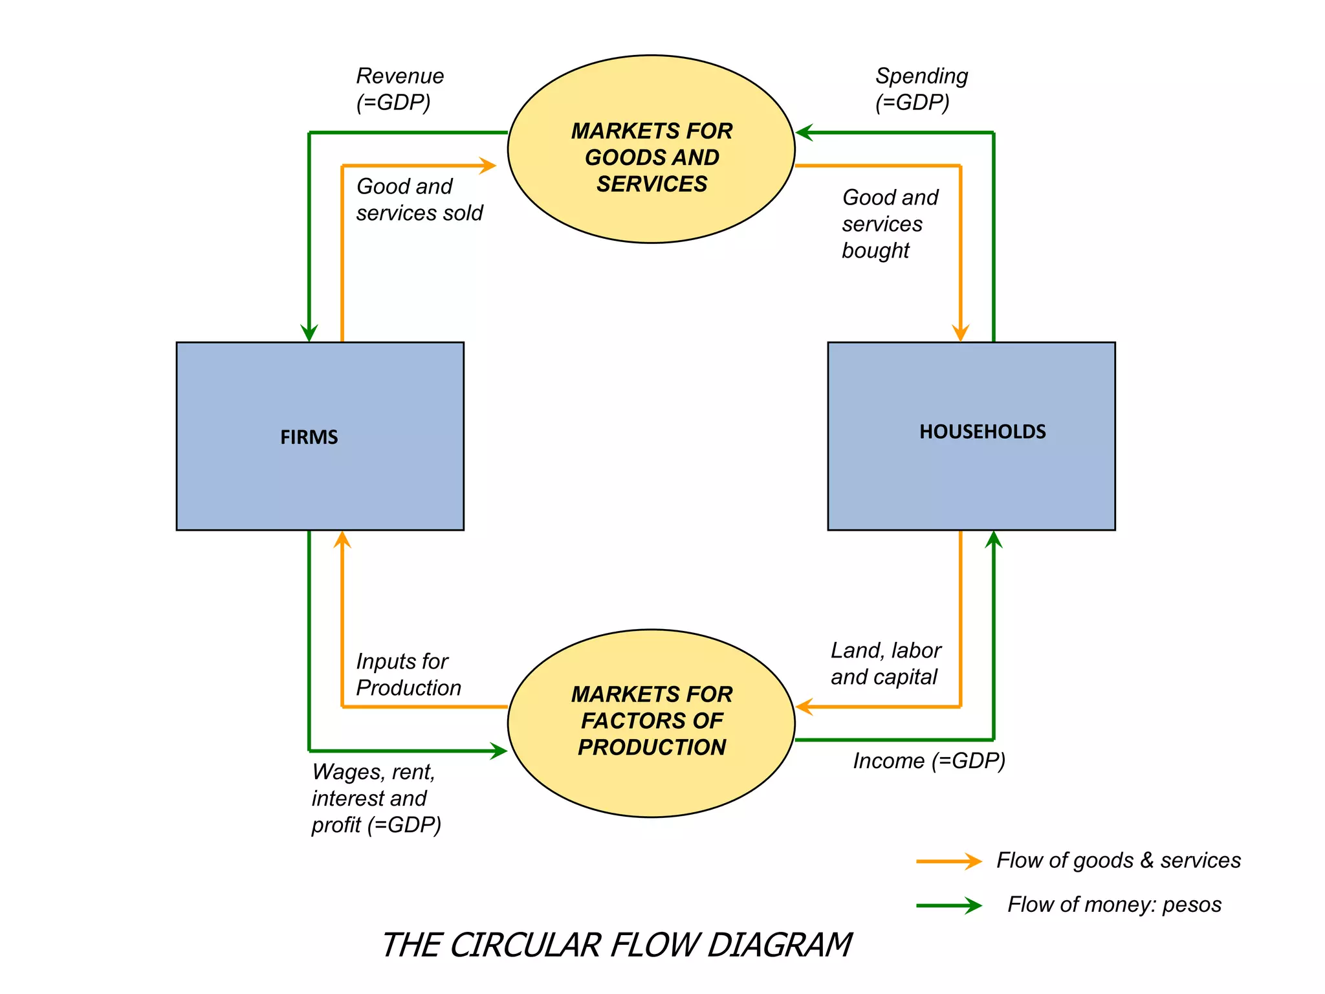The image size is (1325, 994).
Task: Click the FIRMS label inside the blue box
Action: click(309, 437)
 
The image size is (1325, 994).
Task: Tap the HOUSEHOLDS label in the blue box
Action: click(982, 432)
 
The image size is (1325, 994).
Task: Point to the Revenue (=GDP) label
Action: click(399, 89)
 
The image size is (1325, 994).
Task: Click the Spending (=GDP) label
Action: click(921, 89)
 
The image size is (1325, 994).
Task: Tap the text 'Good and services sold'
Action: click(419, 200)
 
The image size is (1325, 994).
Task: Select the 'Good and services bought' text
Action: click(889, 224)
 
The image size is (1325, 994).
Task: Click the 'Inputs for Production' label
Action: click(408, 674)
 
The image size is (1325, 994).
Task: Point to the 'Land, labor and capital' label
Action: click(885, 664)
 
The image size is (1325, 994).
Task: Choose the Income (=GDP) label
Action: click(928, 761)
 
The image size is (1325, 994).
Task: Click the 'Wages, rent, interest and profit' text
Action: click(375, 799)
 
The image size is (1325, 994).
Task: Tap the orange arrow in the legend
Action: click(948, 861)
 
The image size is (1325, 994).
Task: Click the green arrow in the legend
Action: click(948, 905)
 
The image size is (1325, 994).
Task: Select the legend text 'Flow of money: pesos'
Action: click(1114, 905)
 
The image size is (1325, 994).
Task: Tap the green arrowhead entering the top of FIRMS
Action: click(309, 333)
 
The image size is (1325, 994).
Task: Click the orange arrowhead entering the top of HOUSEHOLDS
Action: click(961, 333)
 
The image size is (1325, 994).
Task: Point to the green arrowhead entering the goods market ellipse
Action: click(804, 133)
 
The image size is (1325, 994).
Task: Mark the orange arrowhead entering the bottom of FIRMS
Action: click(342, 540)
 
